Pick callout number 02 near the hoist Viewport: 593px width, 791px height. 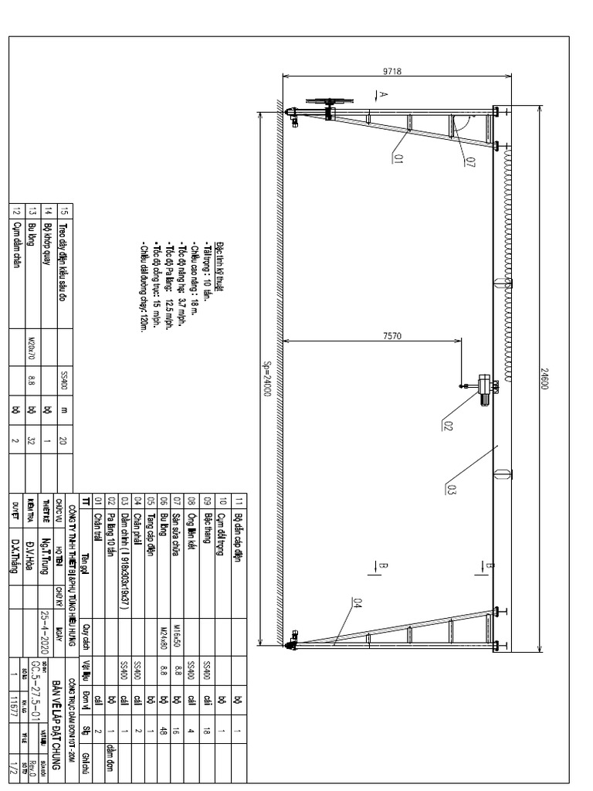coord(449,423)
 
